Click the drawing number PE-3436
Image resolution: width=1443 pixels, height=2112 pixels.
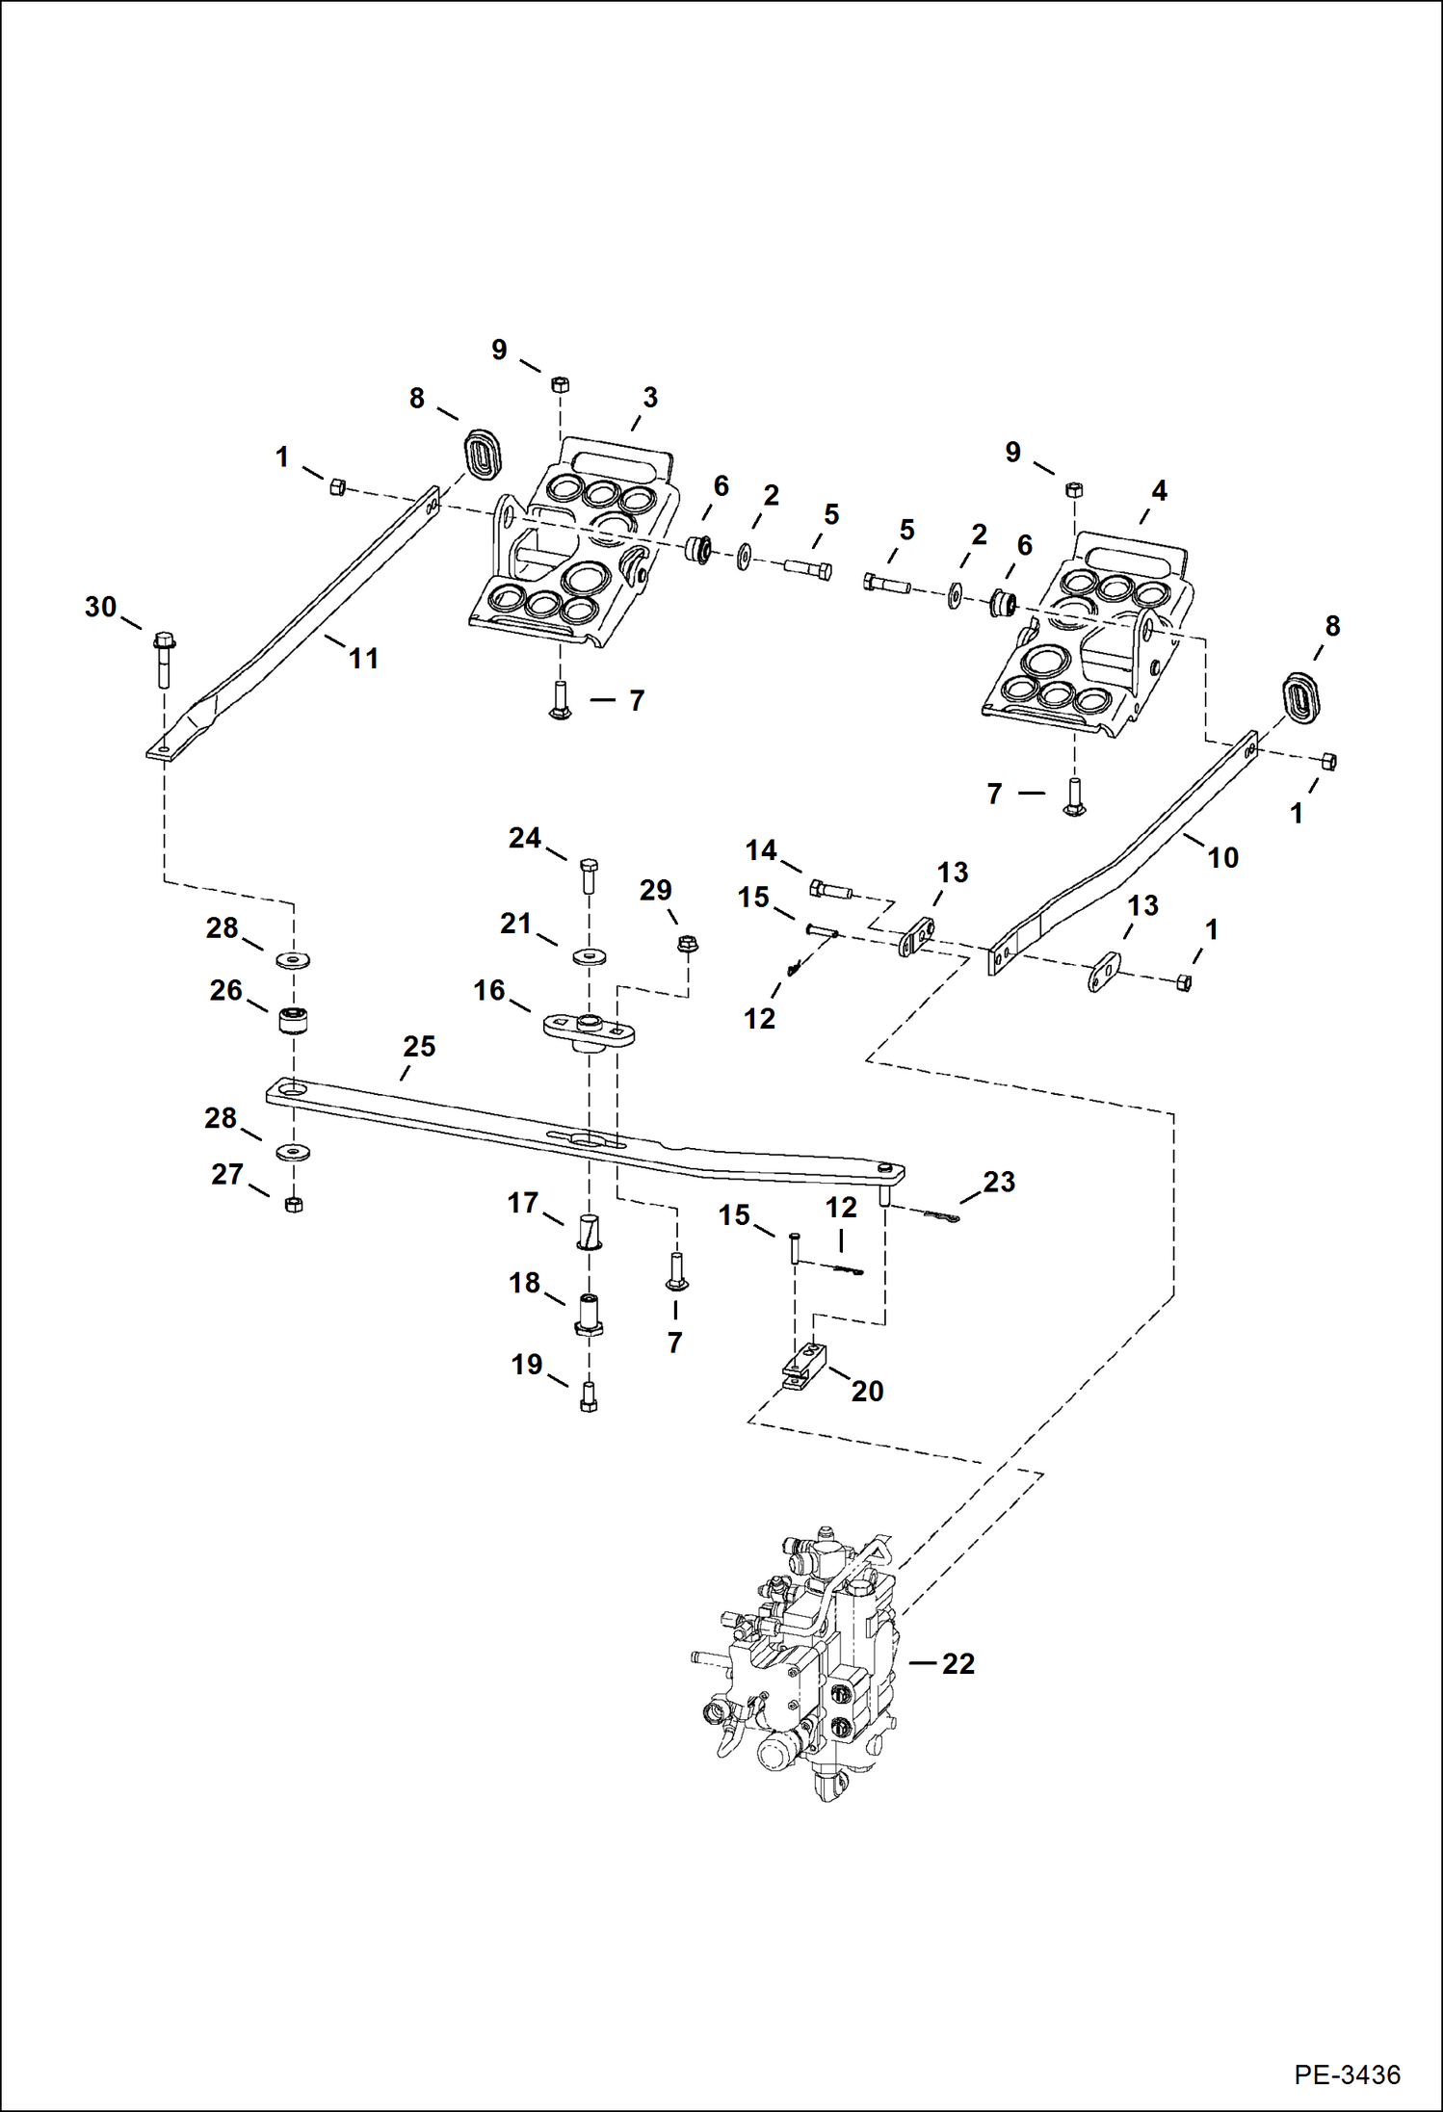click(x=1347, y=2073)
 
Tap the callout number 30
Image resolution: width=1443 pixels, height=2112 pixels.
click(x=100, y=607)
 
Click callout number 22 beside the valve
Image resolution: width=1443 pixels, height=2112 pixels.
click(x=958, y=1663)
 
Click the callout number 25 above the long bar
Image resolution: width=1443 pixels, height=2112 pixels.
click(x=419, y=1046)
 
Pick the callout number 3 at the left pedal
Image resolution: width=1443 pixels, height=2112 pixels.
click(x=650, y=397)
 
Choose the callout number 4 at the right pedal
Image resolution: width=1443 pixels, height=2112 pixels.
click(x=1160, y=490)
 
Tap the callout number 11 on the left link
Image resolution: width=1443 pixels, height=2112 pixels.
click(x=363, y=659)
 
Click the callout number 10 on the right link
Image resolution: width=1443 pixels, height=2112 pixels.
click(x=1222, y=857)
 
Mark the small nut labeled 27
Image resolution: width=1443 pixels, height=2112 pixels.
click(x=294, y=1204)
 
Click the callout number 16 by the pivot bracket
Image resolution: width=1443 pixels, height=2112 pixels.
click(x=489, y=989)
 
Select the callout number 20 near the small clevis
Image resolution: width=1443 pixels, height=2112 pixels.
click(x=867, y=1391)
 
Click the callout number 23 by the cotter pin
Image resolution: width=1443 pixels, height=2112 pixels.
click(x=999, y=1182)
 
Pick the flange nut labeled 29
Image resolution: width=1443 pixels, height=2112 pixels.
click(x=686, y=945)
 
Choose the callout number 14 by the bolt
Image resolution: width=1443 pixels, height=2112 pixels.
click(x=761, y=849)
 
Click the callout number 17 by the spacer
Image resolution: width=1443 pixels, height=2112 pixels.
click(x=523, y=1203)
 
